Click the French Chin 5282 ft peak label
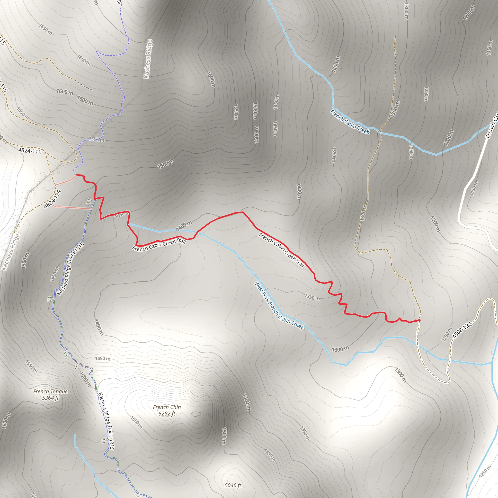(x=167, y=410)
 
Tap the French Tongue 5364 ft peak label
(x=51, y=395)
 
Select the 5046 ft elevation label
(x=233, y=485)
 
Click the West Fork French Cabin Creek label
(x=279, y=305)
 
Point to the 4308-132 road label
(x=462, y=330)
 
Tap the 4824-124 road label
(x=52, y=199)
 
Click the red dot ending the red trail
(x=419, y=320)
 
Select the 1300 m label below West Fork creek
(x=340, y=349)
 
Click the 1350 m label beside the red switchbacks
(x=312, y=297)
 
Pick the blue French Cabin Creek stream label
(x=350, y=122)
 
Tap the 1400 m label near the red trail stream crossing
(x=184, y=226)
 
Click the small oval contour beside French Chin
(x=196, y=414)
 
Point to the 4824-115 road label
(x=30, y=151)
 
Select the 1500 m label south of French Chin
(x=224, y=436)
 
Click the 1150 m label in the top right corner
(x=489, y=47)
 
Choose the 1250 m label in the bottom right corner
(x=485, y=472)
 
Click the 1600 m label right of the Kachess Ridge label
(x=211, y=79)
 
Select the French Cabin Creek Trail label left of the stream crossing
(x=159, y=245)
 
